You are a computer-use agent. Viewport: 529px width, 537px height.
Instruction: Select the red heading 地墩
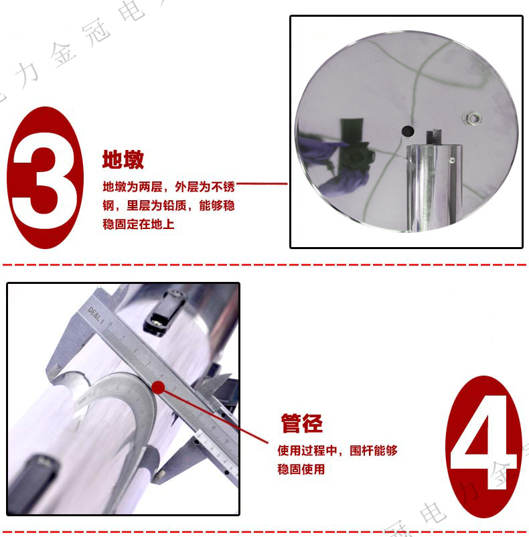click(x=123, y=160)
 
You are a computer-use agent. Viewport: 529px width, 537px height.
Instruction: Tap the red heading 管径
click(x=301, y=423)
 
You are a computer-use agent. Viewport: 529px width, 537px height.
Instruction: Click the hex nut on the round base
click(x=471, y=119)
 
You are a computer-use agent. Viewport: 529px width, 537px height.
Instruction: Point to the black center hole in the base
click(x=406, y=130)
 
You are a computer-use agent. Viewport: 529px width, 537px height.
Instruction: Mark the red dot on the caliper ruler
click(x=159, y=387)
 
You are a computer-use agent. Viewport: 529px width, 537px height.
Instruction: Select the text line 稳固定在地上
click(x=139, y=224)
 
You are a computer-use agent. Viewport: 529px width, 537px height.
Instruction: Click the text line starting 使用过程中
click(x=337, y=451)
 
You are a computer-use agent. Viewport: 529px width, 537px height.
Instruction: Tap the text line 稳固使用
click(x=301, y=469)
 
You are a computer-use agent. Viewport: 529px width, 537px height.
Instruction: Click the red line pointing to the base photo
click(x=262, y=183)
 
